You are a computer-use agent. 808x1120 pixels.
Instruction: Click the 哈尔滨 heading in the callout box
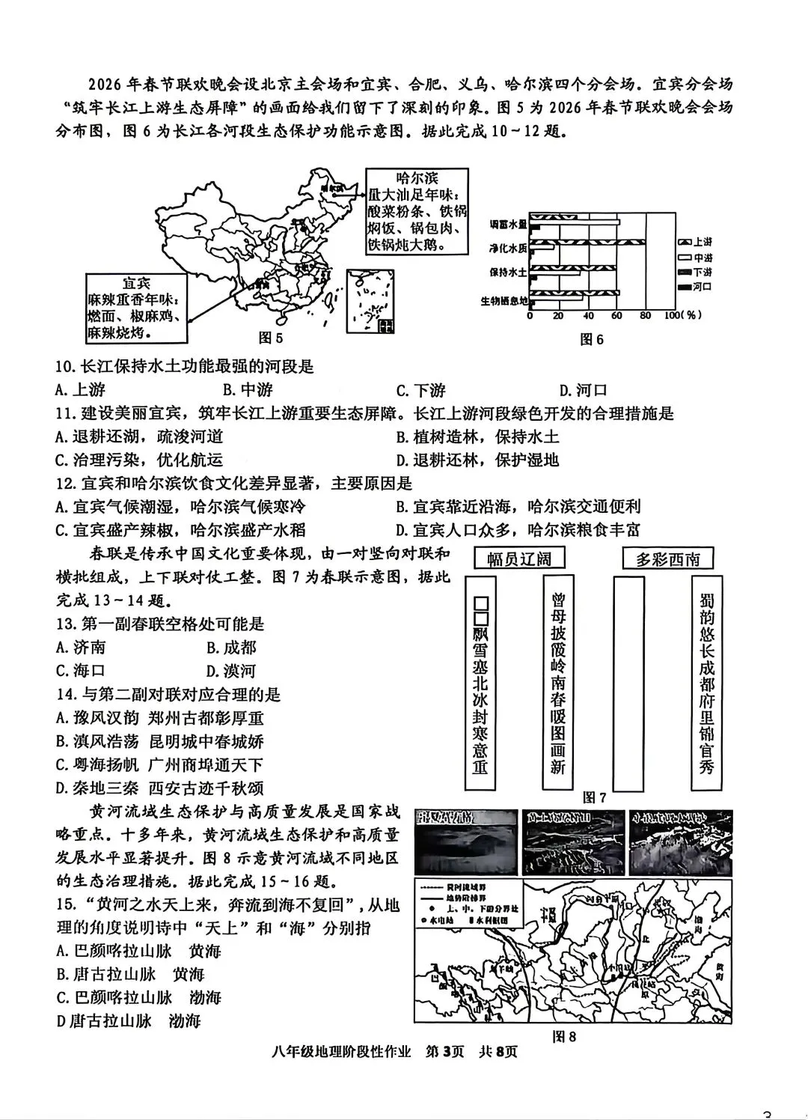[x=417, y=178]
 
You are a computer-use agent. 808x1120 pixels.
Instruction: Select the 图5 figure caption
[x=270, y=338]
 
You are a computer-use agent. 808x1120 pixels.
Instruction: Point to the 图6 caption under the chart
[x=592, y=339]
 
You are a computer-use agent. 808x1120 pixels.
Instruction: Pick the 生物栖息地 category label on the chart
[x=504, y=301]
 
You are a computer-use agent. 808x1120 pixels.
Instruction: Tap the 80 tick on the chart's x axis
[x=646, y=316]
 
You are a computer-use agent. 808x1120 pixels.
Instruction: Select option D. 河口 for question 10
[x=583, y=390]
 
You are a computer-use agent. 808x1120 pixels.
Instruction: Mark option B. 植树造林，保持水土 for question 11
[x=477, y=436]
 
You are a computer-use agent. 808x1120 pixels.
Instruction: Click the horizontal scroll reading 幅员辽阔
[x=519, y=559]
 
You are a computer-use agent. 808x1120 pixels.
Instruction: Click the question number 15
[x=66, y=906]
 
